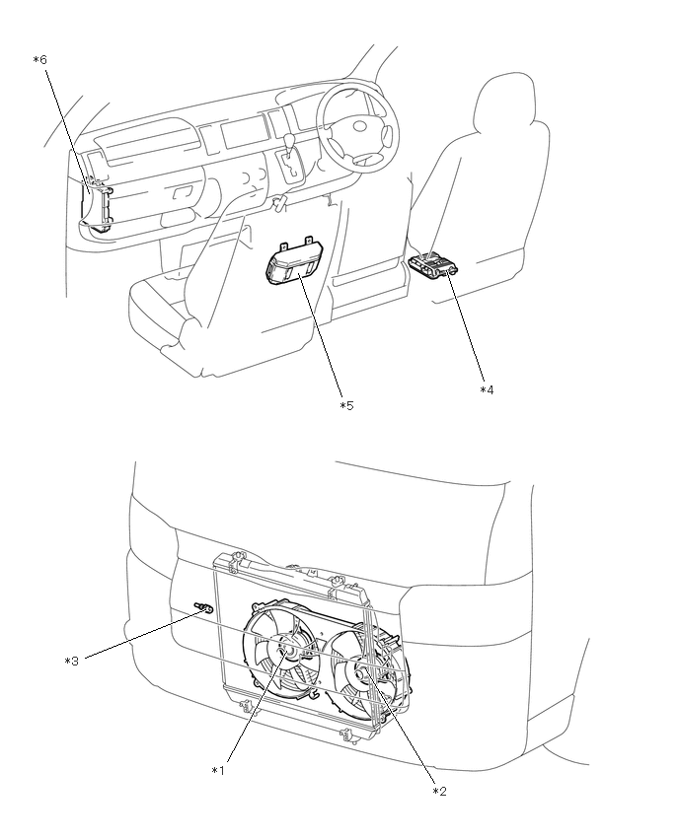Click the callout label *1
[219, 770]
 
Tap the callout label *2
[439, 790]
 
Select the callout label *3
[71, 661]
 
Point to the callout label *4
[487, 389]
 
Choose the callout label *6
[39, 60]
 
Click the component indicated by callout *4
[433, 264]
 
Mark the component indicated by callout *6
[96, 205]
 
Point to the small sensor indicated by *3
[204, 610]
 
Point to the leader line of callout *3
[138, 635]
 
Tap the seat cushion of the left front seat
[168, 306]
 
